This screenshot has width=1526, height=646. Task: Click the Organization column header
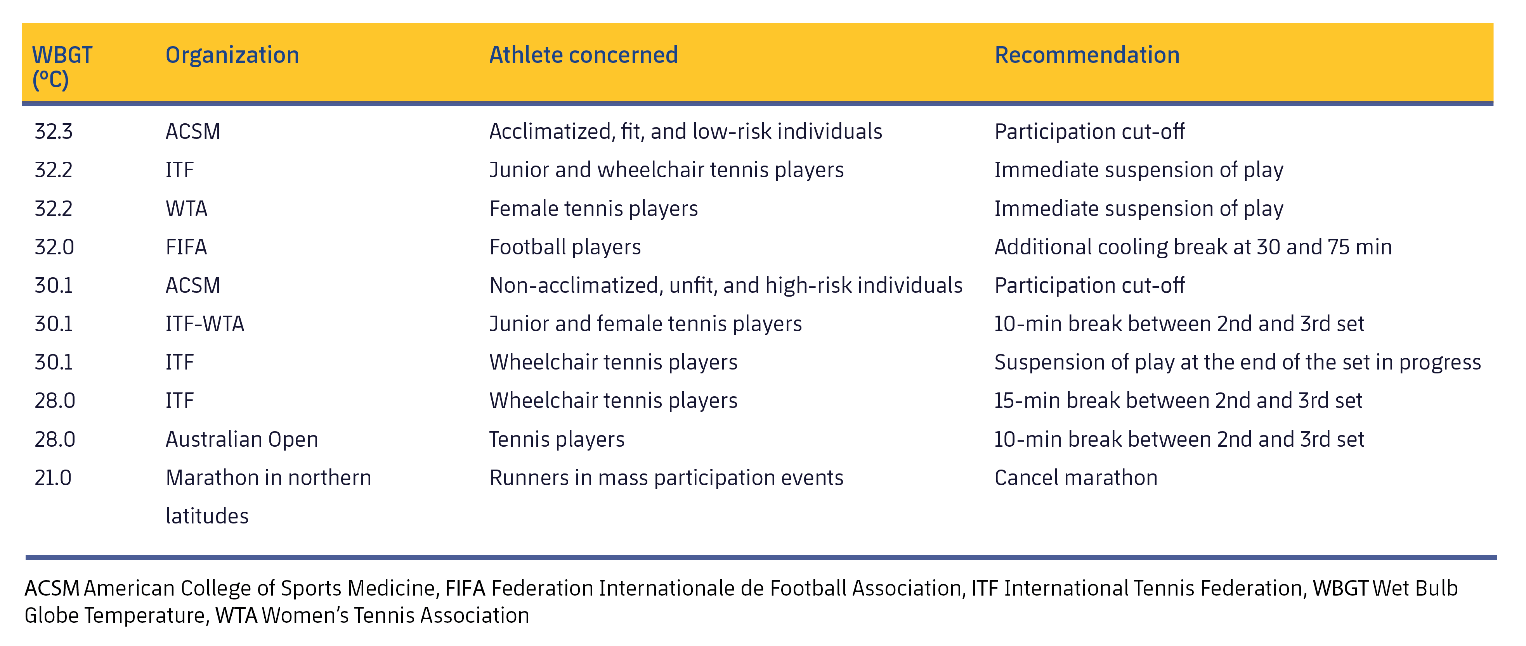click(x=232, y=55)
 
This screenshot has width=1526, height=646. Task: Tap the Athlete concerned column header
click(x=584, y=55)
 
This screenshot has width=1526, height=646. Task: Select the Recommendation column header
click(x=1087, y=55)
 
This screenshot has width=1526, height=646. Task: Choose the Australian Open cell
click(x=242, y=439)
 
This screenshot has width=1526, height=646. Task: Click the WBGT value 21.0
click(x=53, y=478)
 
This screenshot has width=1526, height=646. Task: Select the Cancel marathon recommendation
click(x=1076, y=478)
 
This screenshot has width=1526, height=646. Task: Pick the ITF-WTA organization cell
click(x=205, y=324)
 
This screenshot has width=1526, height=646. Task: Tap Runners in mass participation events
click(x=666, y=478)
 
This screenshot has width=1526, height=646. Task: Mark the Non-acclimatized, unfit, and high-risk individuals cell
click(x=726, y=285)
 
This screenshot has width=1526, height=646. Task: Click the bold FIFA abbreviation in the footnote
click(x=465, y=588)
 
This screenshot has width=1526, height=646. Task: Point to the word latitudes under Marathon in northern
click(x=207, y=516)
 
